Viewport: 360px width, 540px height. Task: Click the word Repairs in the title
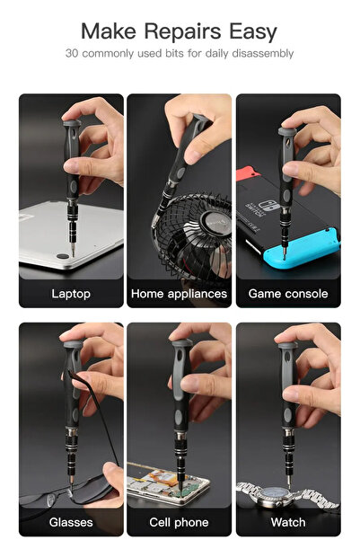coord(182,32)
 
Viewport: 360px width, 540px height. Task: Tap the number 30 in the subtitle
coord(72,53)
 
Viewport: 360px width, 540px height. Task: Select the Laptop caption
coord(71,294)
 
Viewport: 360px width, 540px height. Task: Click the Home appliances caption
coord(179,294)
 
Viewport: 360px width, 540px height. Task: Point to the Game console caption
coord(288,294)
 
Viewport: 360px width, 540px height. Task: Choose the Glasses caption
coord(71,522)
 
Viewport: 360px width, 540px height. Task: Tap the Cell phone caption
coord(179,522)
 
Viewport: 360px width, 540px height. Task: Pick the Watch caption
coord(288,522)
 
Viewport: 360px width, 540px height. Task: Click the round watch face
coord(276,494)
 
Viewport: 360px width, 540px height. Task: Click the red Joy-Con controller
coord(248,173)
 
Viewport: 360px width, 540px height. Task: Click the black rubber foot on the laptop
coord(63,256)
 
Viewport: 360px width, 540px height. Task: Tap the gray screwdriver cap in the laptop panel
coord(72,122)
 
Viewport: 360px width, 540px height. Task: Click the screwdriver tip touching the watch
coord(289,486)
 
